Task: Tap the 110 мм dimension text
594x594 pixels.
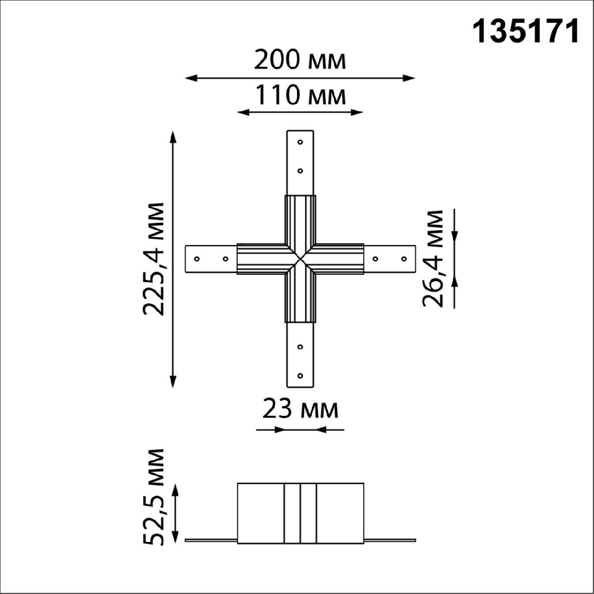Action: (x=299, y=96)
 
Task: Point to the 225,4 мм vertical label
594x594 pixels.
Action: (x=153, y=258)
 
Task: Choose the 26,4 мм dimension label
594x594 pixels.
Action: (x=433, y=258)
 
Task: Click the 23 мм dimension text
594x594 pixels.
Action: (x=300, y=410)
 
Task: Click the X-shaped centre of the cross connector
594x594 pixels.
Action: (x=300, y=259)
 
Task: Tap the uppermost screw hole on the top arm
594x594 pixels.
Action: (x=300, y=142)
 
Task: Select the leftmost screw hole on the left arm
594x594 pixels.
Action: (x=197, y=259)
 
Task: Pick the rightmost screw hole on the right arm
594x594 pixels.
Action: (x=404, y=259)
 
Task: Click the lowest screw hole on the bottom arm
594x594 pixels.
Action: (x=300, y=375)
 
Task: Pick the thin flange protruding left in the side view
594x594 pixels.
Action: (x=211, y=540)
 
